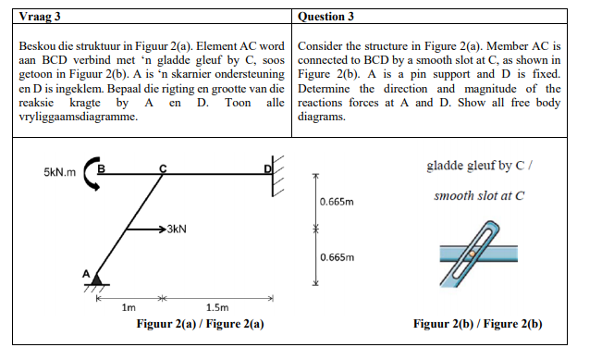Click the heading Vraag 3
tap(39, 17)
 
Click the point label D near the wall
tap(267, 168)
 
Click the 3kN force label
tap(178, 229)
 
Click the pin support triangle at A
tap(96, 279)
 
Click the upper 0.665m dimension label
tap(334, 201)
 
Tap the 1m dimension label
tap(129, 306)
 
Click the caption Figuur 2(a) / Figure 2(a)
tap(200, 324)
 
